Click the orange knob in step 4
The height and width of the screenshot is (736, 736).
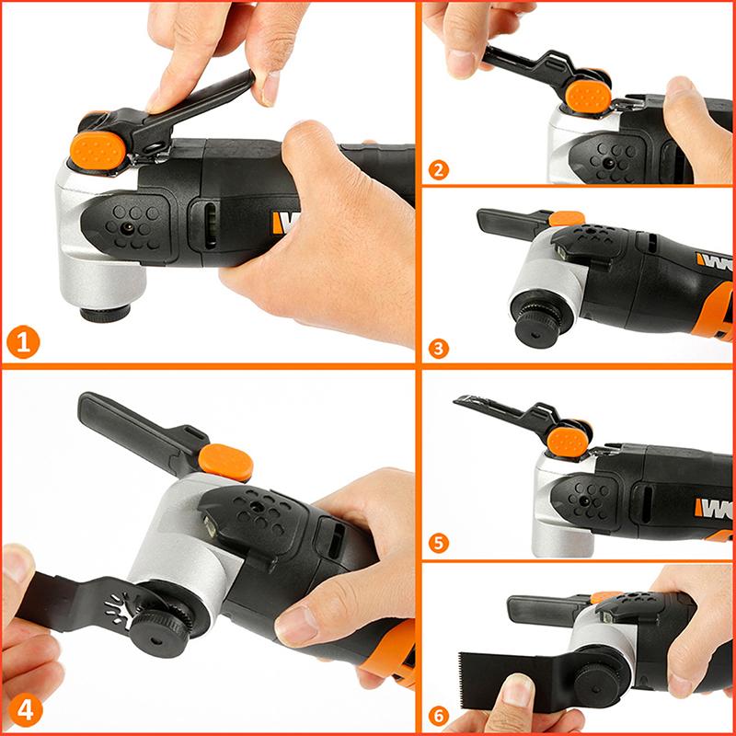point(225,460)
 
